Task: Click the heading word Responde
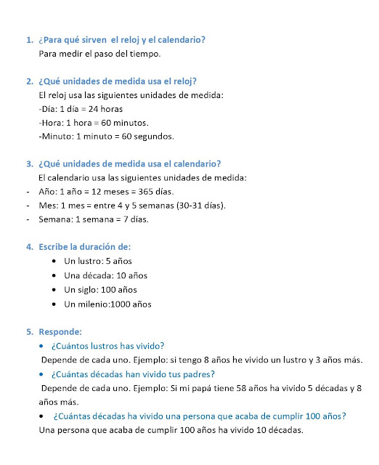point(60,332)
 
